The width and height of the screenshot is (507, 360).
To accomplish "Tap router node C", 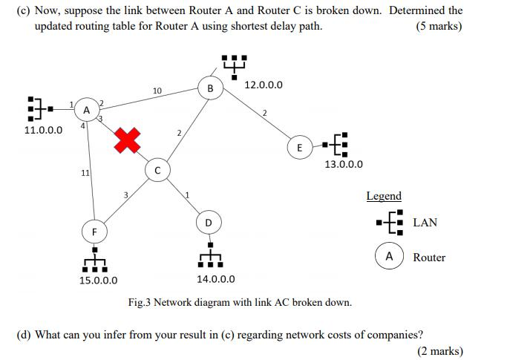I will [x=157, y=169].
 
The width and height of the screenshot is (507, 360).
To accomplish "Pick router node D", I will [x=209, y=222].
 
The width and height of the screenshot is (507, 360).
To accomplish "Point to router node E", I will [x=299, y=148].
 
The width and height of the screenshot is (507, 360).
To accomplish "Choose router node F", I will [x=94, y=232].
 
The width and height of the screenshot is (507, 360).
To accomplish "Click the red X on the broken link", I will [x=127, y=140].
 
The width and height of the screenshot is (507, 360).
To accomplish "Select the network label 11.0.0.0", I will [x=43, y=130].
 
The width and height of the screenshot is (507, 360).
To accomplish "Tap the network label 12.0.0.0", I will [x=263, y=85].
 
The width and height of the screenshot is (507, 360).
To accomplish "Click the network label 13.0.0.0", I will [x=344, y=164].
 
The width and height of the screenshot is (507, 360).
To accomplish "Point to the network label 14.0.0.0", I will [x=216, y=279].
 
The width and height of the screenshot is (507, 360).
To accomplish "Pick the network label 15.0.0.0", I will [x=99, y=281].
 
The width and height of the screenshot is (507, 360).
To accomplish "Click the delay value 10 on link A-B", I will [x=157, y=91].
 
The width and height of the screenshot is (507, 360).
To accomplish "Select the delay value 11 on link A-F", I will [x=85, y=173].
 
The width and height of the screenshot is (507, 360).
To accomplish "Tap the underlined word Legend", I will [x=384, y=196].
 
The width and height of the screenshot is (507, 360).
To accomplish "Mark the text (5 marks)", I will [x=439, y=26].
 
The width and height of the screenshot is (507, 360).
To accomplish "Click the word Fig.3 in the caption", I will [x=142, y=302].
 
